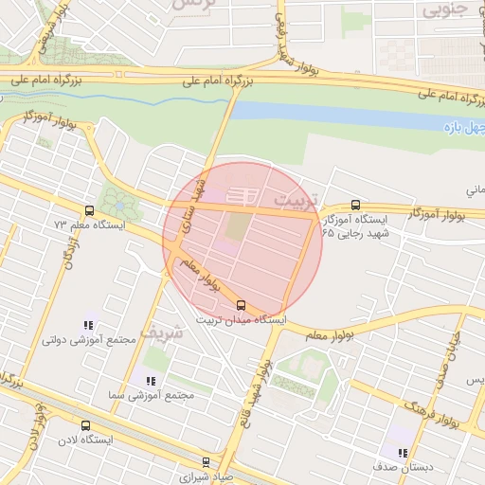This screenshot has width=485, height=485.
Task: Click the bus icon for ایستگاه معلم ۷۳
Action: [x=89, y=210]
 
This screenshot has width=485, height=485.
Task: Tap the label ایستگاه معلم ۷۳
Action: [x=83, y=225]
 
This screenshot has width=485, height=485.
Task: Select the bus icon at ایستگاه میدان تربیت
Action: [x=241, y=305]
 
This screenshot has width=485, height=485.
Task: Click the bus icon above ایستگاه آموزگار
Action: [x=355, y=204]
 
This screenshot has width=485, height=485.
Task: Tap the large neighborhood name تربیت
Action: [x=292, y=202]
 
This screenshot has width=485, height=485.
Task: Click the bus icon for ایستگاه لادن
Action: [x=86, y=425]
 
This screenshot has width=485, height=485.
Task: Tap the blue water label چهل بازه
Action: [x=465, y=126]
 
